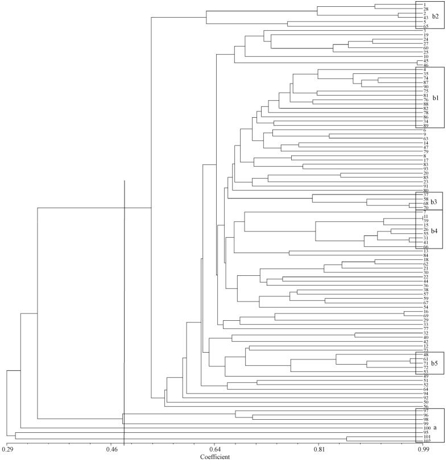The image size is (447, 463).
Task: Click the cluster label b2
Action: [436, 16]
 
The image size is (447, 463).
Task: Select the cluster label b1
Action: [436, 98]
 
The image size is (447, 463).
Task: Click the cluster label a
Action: [436, 426]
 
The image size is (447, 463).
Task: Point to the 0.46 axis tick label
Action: [111, 449]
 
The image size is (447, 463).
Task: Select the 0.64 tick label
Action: [214, 449]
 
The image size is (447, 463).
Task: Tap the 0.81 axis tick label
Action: [318, 449]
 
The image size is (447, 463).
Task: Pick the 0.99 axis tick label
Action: [423, 449]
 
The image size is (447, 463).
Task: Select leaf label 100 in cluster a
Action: [419, 428]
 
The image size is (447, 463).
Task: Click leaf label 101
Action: [419, 437]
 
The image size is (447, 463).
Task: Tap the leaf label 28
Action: [418, 9]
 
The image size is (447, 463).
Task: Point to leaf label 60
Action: [418, 48]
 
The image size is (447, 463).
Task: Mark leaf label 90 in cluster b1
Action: [418, 86]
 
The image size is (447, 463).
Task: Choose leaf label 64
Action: [418, 389]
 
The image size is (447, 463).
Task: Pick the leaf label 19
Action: [418, 35]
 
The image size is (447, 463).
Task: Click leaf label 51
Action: [418, 380]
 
